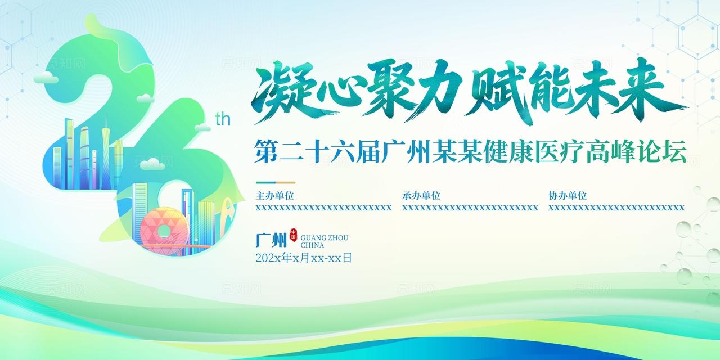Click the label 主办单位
[274, 196]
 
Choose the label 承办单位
[421, 196]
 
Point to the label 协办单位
[567, 196]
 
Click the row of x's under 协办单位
[616, 208]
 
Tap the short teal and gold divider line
[275, 182]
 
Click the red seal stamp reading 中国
[293, 236]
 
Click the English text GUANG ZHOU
[325, 238]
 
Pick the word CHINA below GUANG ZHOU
[313, 245]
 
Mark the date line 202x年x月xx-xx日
[304, 258]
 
